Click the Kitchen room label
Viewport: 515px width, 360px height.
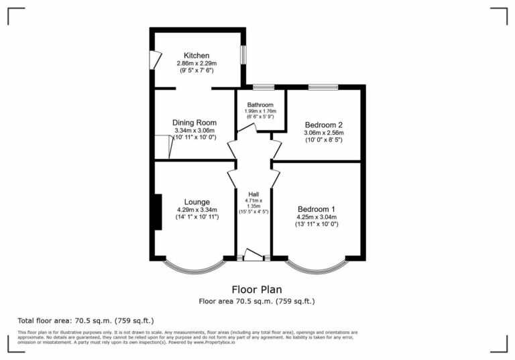coord(196,55)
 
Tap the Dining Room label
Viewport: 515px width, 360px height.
coord(194,122)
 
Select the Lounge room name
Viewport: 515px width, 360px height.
coord(197,202)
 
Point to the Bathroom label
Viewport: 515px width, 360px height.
coord(260,105)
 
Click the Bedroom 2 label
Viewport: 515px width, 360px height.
coord(323,125)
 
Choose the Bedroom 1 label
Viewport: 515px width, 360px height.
coord(317,209)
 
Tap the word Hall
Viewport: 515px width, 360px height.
coord(254,194)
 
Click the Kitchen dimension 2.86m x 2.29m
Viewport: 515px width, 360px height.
coord(196,64)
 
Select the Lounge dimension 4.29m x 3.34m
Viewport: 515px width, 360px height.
coord(197,210)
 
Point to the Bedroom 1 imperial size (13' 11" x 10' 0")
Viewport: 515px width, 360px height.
coord(317,225)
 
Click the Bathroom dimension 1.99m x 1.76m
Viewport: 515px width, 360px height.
coord(260,111)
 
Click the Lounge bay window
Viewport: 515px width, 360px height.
coord(190,266)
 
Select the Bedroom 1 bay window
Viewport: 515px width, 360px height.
coord(317,266)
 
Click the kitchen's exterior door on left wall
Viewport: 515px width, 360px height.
coord(154,60)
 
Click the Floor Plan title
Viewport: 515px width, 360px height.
coord(257,290)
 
